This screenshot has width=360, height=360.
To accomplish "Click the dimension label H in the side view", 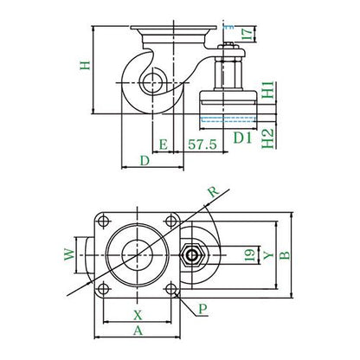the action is point(85,65).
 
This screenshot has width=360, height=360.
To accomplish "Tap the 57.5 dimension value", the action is point(202,145).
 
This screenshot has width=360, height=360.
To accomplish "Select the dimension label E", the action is point(164,145).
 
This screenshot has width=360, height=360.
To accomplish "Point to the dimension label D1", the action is point(242,138).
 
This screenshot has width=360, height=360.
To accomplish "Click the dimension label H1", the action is point(267,90).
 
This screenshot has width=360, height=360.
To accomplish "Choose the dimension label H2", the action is point(267,138).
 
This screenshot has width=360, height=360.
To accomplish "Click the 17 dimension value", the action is point(248,34).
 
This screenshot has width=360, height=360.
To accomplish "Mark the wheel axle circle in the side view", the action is point(152,83).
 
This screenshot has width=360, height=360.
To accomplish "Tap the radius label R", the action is point(214,191).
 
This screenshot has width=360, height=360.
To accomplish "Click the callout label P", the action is point(202,309).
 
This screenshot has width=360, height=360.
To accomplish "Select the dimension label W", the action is point(69,254).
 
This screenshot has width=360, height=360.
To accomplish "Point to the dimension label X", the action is point(138,315).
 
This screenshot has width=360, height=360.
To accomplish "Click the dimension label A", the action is point(138,331).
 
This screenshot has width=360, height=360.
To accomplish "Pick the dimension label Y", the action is point(268,254).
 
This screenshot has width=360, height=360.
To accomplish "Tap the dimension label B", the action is point(285,255).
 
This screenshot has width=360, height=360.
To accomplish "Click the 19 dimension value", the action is point(250,254).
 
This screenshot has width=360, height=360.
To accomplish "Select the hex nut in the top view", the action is point(192,255).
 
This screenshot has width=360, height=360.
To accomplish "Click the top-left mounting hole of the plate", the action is point(103,222).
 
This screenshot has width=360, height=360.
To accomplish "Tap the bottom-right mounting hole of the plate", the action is point(171,289).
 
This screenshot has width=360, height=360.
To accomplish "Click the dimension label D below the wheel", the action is point(145,161).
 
